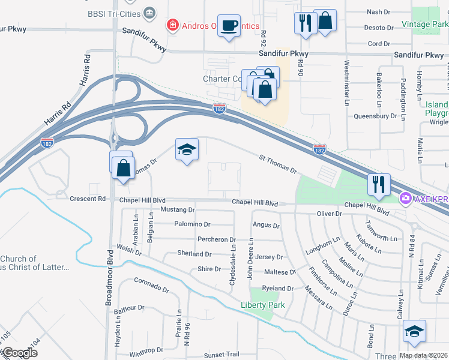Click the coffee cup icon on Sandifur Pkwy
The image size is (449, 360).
[x=228, y=26]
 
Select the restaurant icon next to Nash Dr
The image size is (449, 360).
[x=306, y=23]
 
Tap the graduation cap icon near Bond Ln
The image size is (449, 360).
[x=414, y=332]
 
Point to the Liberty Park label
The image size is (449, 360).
[x=262, y=305]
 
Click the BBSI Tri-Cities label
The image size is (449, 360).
[x=113, y=13]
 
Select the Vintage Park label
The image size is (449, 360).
[x=424, y=24]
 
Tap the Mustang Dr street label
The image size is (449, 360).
[x=178, y=210]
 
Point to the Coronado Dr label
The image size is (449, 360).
[x=151, y=284]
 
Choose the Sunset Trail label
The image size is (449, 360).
[x=221, y=355]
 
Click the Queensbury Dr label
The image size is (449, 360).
[x=376, y=116]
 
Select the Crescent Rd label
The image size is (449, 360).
[x=87, y=199]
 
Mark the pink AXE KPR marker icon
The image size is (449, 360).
[x=406, y=197]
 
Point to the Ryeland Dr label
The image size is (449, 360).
[x=277, y=289]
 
